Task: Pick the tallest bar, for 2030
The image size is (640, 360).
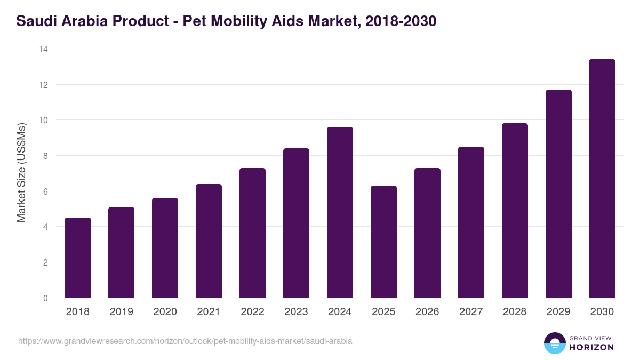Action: (602, 179)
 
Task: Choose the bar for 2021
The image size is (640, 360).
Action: (209, 241)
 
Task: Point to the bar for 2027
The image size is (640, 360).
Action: (471, 222)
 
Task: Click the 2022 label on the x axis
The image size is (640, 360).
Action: (252, 312)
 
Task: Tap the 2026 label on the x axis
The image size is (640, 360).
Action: (427, 312)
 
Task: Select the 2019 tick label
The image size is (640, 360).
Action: (121, 312)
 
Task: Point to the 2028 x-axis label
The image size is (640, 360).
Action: (515, 312)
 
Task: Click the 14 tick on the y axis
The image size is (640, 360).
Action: (43, 49)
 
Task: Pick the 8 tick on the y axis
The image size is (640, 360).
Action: (45, 156)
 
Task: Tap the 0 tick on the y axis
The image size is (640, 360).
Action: (45, 298)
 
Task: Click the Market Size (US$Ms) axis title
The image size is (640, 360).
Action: (21, 173)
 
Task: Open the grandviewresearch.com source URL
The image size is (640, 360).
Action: (185, 341)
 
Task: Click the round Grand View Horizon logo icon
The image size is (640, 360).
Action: (555, 343)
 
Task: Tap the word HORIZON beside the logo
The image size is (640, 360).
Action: (591, 347)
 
